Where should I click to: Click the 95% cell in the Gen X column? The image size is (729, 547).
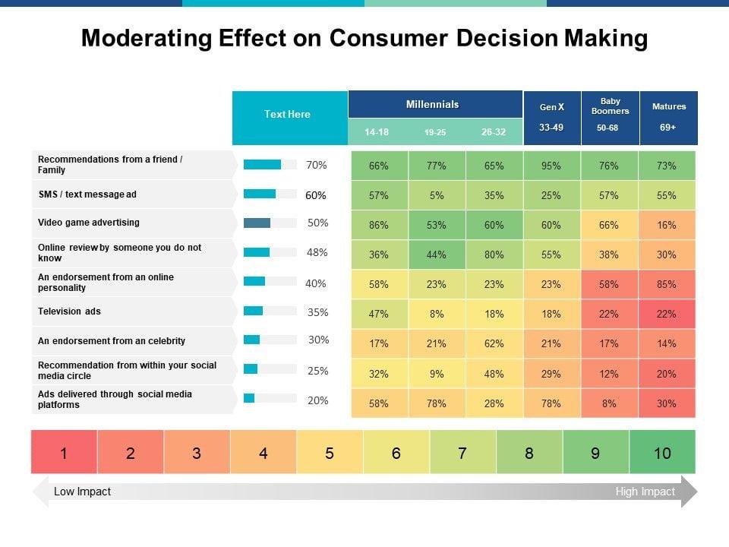551,166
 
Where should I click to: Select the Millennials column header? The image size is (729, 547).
432,104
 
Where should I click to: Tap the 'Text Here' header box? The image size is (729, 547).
288,115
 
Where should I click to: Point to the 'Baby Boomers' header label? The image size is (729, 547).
610,106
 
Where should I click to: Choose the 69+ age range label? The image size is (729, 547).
668,128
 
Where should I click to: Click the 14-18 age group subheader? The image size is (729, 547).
377,132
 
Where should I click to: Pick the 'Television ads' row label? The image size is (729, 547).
70,311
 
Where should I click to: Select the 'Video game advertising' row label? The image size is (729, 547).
89,223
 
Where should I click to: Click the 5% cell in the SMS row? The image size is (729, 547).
437,195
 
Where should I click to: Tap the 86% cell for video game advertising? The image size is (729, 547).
379,225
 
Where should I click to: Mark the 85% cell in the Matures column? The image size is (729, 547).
667,285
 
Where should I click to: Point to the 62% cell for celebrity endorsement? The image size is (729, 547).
494,343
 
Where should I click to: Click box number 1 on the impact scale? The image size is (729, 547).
64,453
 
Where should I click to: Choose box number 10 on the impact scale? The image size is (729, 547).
662,453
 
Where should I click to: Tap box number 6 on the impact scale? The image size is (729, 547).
396,453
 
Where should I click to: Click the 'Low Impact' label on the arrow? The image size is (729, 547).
82,492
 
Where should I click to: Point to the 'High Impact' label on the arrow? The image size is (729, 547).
645,492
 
